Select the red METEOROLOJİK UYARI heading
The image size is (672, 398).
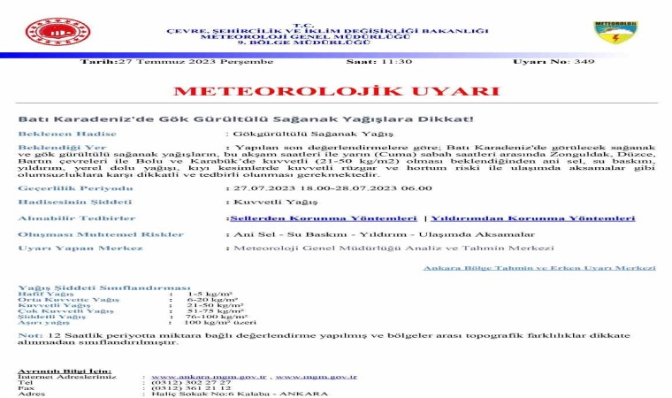point(336,91)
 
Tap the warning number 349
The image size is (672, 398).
point(584,62)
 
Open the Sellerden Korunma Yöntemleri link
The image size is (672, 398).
point(323,218)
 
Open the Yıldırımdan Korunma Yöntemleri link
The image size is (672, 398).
point(532,218)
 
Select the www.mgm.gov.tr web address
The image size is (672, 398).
point(316,376)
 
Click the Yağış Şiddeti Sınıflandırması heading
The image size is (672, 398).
point(103,287)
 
